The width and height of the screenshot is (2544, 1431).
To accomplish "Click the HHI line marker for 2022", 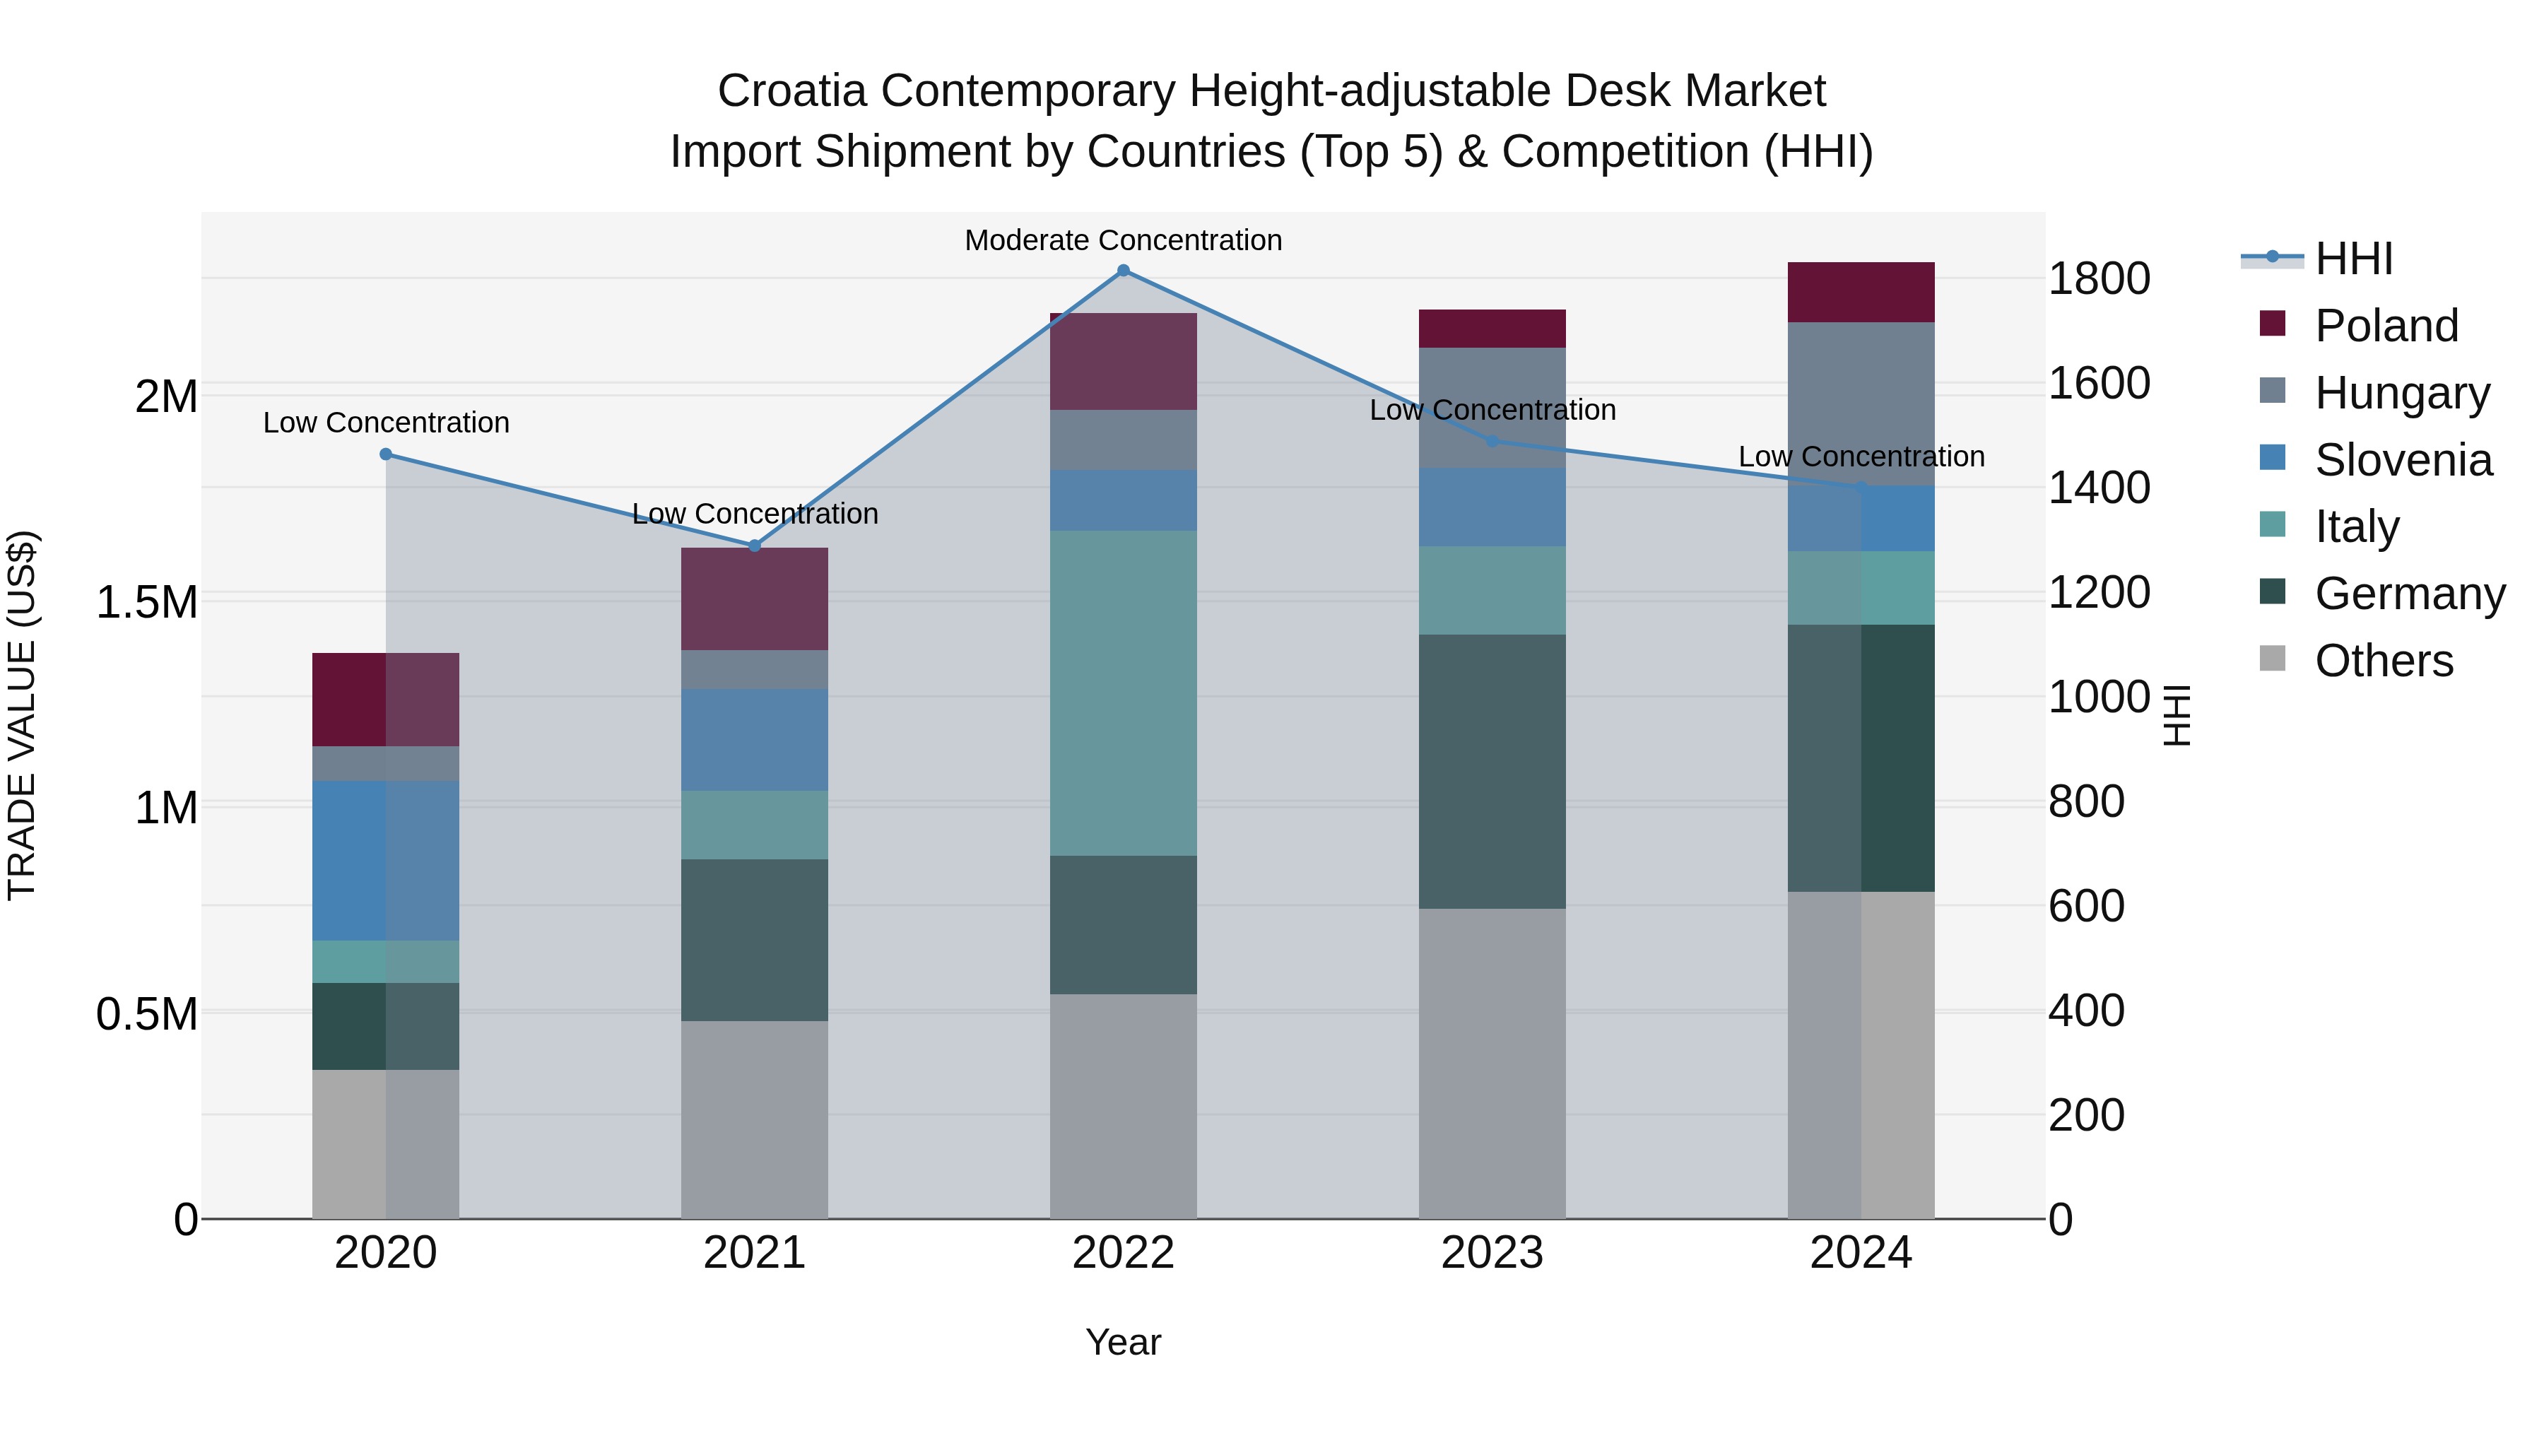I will pos(1123,271).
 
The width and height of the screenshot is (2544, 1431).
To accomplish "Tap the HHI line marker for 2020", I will pos(386,454).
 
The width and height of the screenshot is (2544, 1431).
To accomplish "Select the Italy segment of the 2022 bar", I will pos(1123,693).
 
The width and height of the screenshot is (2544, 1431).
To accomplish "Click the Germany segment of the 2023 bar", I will pos(1492,771).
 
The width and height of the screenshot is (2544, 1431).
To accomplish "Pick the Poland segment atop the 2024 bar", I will pos(1861,293).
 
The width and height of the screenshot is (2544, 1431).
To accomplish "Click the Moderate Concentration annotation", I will pos(1123,240).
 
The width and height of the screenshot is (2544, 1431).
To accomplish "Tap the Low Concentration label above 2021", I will pos(755,514).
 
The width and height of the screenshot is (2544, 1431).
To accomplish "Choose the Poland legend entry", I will pos(2386,326).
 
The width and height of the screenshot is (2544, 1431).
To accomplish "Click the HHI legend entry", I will pos(2353,259).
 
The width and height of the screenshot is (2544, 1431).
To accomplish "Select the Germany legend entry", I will pos(2409,594).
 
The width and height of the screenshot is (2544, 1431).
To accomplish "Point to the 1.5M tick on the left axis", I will pos(147,602).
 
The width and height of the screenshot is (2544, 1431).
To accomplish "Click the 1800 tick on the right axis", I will pos(2099,278).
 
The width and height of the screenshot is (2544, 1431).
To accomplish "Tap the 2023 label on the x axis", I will pos(1492,1253).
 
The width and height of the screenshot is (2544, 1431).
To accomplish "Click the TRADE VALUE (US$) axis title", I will pos(22,715).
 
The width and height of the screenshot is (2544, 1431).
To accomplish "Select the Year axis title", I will pos(1123,1342).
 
